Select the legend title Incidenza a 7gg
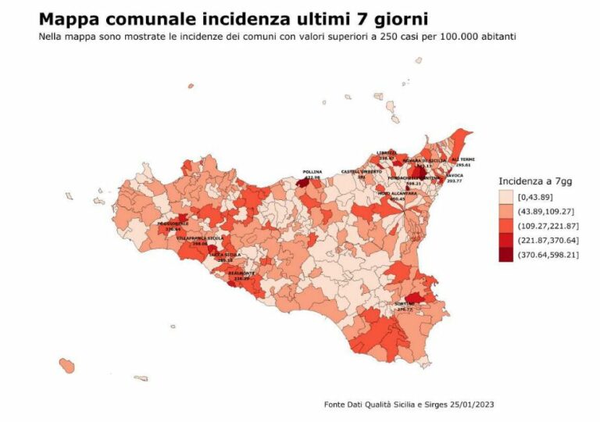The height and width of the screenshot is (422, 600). (535, 181)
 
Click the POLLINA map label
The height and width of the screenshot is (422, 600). (312, 172)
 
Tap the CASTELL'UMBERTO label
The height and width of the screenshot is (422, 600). (361, 171)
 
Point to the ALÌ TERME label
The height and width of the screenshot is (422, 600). (462, 159)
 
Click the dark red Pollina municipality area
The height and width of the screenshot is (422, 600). (302, 183)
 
